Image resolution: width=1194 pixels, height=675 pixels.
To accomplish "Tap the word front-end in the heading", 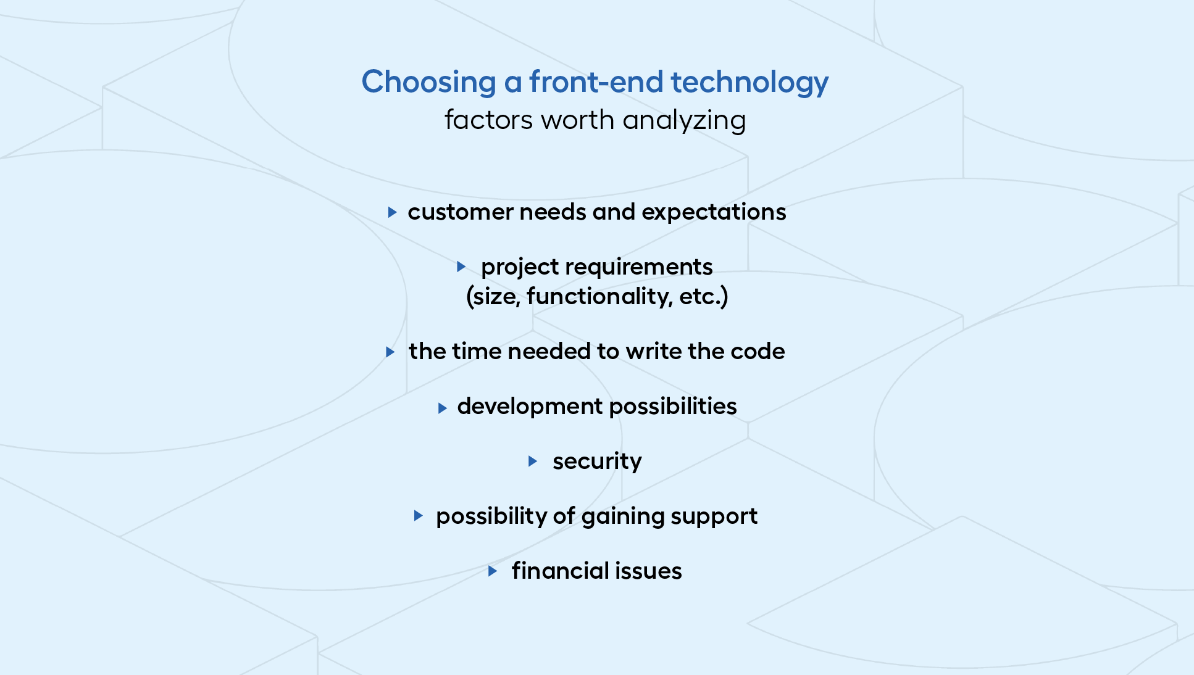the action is pos(596,81).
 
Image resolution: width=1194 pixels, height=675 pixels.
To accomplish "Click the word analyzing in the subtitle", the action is pos(684,121).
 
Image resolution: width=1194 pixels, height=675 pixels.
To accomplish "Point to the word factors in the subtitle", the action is pos(489,120).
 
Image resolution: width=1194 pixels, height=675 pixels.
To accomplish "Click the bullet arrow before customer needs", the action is pos(392,212).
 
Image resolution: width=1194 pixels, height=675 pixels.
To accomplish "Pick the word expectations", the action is pos(714,213).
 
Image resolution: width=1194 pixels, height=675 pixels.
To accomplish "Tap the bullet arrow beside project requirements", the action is pos(461,267).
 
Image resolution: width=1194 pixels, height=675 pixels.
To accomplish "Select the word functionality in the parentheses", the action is pos(599,297).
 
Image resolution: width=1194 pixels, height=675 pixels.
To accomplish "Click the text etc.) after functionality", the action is pos(704,297).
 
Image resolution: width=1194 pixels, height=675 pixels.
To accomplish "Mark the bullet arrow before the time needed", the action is pos(390,352).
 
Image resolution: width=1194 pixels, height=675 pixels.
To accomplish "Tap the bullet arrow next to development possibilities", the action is pos(442,408).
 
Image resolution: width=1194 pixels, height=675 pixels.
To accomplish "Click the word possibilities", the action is pos(673,407).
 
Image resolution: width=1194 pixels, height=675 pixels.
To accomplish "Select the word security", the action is pos(597,462).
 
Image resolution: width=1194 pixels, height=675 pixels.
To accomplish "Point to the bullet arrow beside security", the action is pos(533,461).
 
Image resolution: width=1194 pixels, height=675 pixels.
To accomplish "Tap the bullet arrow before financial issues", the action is pos(493,571).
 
